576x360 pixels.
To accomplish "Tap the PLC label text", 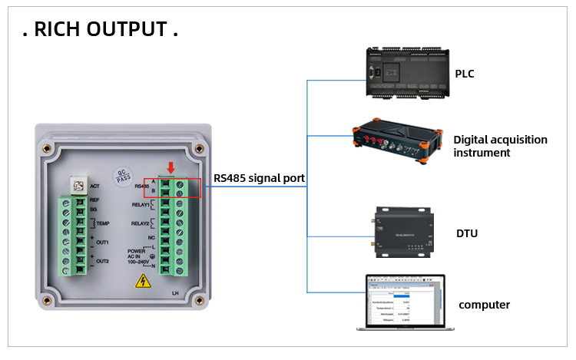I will (465, 74).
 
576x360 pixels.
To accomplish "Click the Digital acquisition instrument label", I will (500, 146).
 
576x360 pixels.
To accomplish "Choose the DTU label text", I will (467, 233).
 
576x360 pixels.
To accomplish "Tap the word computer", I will (484, 305).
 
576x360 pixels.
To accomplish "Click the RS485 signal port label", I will (259, 178).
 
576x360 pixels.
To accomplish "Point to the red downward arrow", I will (170, 168).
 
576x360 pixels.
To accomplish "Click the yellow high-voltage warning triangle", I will (143, 281).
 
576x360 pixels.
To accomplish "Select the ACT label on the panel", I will (94, 186).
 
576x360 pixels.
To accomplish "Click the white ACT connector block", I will (76, 184).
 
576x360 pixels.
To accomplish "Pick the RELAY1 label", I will (140, 205).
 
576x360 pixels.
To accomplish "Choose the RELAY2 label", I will (140, 223).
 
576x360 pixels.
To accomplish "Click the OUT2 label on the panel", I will (102, 261).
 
